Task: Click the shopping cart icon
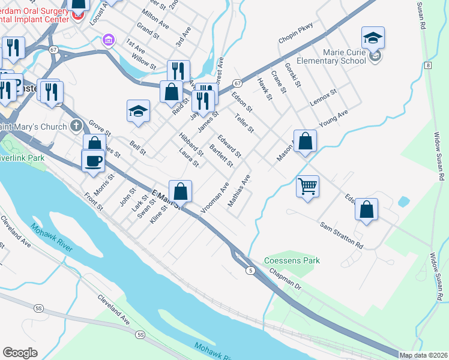point(307,186)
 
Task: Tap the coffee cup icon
point(93,161)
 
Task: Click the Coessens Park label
point(292,260)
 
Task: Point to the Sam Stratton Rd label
point(342,236)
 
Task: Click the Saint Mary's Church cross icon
point(75,126)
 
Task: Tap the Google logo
point(20,352)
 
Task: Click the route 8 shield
point(428,64)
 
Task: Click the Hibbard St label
point(191,145)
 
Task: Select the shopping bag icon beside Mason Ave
point(305,142)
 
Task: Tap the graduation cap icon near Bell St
point(138,112)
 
